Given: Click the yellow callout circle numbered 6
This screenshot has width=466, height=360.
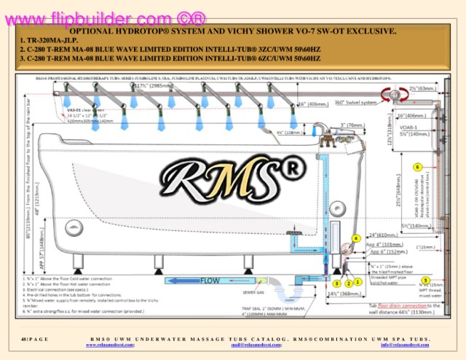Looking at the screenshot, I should coord(417,167).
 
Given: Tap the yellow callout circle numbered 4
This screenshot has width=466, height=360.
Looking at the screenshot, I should coord(356,238).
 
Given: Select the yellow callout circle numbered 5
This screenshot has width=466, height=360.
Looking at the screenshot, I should coord(425,279).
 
